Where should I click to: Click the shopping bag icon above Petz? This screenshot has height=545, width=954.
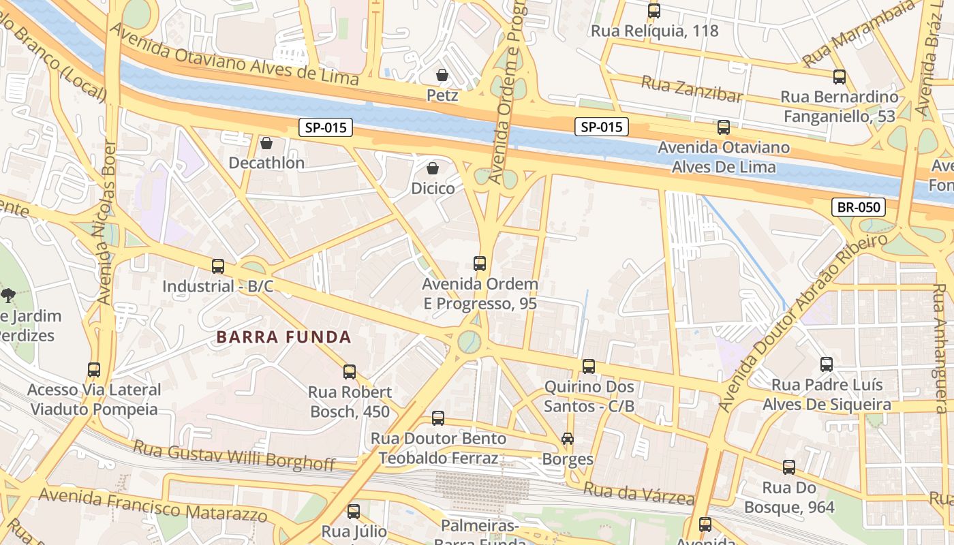[x=442, y=74]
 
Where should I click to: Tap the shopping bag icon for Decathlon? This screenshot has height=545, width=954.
[x=266, y=143]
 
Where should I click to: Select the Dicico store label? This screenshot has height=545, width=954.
[x=433, y=188]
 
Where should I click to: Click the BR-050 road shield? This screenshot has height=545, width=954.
[x=858, y=207]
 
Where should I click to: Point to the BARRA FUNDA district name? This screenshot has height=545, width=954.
[x=283, y=337]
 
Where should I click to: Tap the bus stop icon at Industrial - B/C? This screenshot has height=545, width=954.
[x=218, y=266]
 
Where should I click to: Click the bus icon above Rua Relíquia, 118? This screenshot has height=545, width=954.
[x=654, y=11]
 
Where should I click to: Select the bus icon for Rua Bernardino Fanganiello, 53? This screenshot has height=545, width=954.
[x=840, y=77]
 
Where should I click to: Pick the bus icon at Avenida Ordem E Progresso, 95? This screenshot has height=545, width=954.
[x=480, y=264]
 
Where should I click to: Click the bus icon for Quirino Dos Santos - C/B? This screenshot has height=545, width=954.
[x=589, y=367]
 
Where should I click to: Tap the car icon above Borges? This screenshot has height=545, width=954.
[x=567, y=439]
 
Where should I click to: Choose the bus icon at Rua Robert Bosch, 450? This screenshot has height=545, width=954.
[x=350, y=372]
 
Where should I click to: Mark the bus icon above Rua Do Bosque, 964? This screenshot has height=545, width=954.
[x=789, y=467]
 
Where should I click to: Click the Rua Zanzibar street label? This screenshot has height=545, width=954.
[x=692, y=89]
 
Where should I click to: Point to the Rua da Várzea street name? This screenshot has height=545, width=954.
[x=638, y=493]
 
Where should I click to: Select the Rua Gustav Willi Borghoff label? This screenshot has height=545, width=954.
[x=234, y=456]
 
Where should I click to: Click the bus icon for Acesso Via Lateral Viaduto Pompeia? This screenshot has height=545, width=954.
[x=94, y=370]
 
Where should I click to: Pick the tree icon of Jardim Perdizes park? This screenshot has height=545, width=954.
[x=8, y=295]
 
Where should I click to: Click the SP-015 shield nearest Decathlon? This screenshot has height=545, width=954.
[x=326, y=127]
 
